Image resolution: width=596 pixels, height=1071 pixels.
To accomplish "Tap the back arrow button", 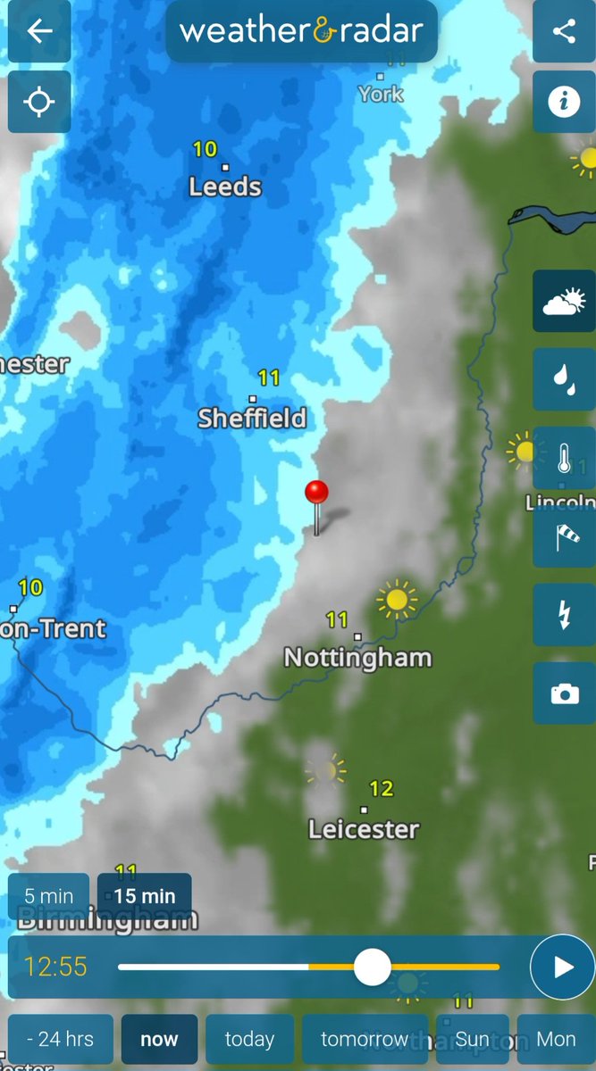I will click(39, 32).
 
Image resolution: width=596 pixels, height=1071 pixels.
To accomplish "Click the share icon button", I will click(564, 32).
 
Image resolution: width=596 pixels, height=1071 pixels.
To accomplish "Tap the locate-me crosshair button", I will click(39, 102).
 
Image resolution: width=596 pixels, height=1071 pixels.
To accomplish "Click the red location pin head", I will click(316, 492).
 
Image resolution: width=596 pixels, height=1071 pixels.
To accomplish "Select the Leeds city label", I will click(225, 187).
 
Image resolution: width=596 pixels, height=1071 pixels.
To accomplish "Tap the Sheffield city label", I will click(252, 418).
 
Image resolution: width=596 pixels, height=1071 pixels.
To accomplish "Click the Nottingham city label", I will click(357, 658).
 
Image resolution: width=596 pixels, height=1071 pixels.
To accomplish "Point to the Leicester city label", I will click(364, 829).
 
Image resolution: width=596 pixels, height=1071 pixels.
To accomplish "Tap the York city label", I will click(381, 94).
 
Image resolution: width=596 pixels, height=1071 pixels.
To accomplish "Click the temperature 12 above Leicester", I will click(382, 788).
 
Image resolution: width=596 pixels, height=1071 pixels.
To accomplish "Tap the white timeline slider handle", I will click(372, 967).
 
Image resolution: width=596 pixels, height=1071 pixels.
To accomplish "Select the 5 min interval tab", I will click(49, 895).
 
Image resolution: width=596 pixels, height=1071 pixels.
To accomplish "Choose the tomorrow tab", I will click(364, 1039).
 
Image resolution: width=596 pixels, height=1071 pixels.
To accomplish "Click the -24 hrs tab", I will click(60, 1039).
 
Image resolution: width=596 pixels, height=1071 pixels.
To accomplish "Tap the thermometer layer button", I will click(564, 458).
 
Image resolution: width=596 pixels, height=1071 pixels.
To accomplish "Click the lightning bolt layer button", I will click(564, 615).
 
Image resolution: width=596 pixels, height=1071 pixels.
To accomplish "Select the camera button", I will click(564, 693).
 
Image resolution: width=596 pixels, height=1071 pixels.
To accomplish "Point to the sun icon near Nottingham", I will click(397, 599).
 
